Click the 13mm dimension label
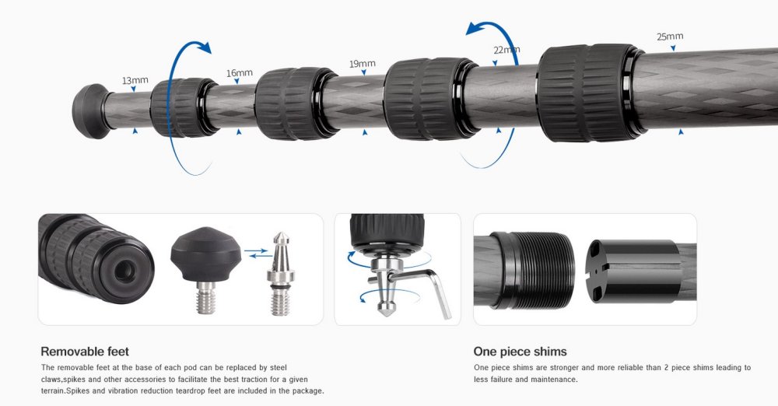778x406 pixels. point(135,80)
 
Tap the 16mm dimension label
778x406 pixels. point(240,73)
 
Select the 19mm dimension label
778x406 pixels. point(363,64)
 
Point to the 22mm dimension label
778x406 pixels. point(506,50)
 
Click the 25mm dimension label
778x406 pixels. point(670,37)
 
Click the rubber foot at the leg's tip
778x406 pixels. point(91,111)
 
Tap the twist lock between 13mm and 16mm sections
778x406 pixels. point(184,107)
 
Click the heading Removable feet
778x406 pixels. point(85,352)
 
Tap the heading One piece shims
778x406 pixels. point(520,352)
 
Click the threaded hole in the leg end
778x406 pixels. point(124,271)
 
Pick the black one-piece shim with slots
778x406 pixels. point(633,271)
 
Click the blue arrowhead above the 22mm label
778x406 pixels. point(475,30)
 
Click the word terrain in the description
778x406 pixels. point(54,390)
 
